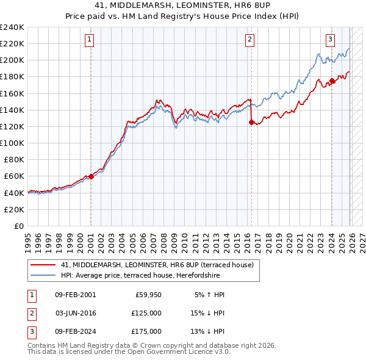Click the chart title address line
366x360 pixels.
click(183, 5)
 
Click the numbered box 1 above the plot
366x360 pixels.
click(89, 40)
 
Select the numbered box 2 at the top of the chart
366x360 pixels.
click(250, 40)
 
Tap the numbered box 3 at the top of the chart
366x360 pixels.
click(330, 40)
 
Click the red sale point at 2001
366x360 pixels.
click(91, 176)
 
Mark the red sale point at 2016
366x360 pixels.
click(251, 122)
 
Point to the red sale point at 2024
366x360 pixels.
click(332, 81)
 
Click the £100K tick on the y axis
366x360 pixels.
click(13, 143)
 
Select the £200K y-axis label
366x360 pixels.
click(13, 60)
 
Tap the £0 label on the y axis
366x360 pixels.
click(18, 226)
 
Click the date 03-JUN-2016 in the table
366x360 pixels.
click(76, 313)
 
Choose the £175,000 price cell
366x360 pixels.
click(146, 331)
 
